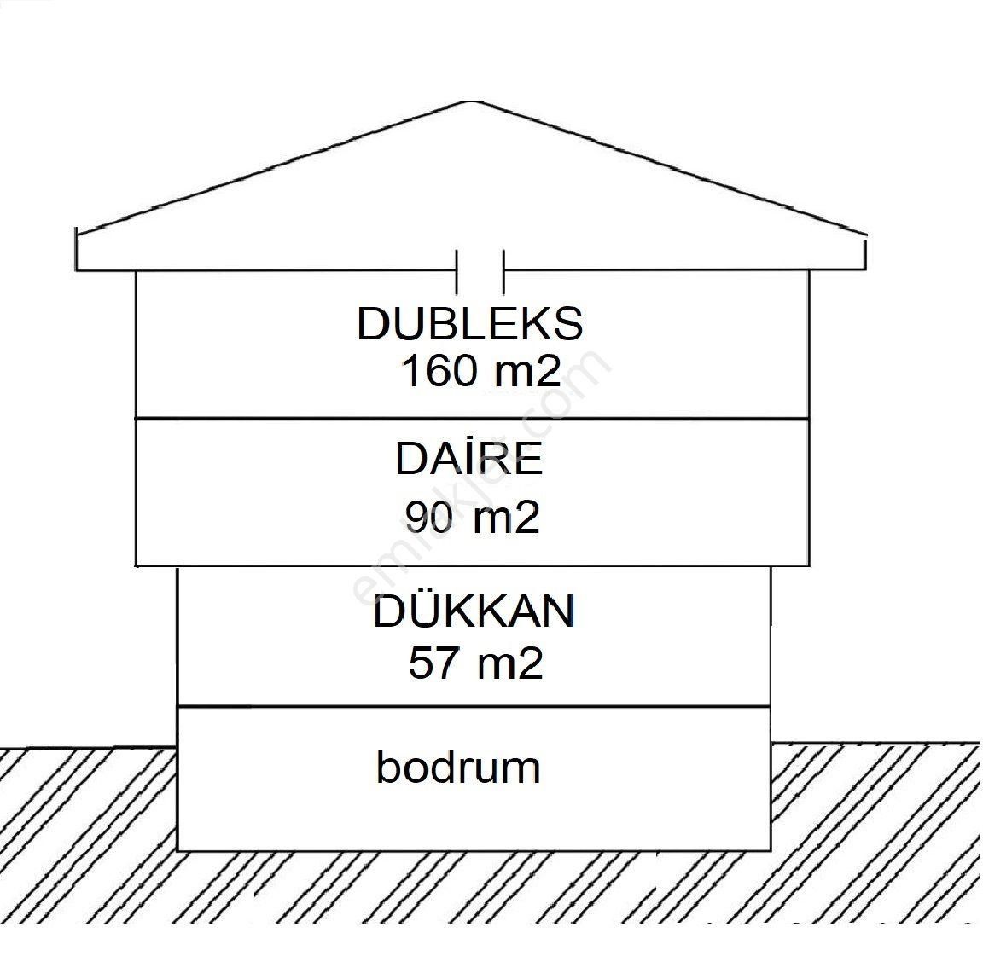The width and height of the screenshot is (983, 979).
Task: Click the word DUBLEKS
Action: pyautogui.click(x=470, y=323)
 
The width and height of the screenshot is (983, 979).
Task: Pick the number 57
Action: pyautogui.click(x=431, y=663)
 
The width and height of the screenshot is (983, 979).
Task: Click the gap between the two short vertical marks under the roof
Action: pyautogui.click(x=480, y=271)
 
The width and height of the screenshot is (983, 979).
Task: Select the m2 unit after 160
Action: pyautogui.click(x=527, y=371)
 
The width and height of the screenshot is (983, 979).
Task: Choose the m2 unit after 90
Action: pyautogui.click(x=506, y=518)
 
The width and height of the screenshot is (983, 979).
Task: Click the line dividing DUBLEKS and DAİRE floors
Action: pyautogui.click(x=472, y=418)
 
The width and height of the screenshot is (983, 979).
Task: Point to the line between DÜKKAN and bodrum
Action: pyautogui.click(x=474, y=706)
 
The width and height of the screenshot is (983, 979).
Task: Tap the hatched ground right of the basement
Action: pyautogui.click(x=875, y=834)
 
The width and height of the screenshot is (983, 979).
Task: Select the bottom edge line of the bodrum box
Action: pyautogui.click(x=474, y=850)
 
